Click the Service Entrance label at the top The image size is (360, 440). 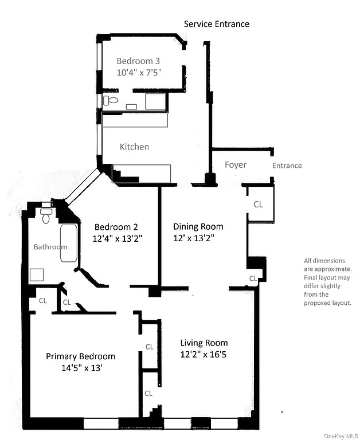[x=216, y=24]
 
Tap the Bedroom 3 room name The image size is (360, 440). [x=139, y=61]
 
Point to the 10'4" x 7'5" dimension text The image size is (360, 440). [x=139, y=73]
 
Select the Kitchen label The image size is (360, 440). [x=134, y=147]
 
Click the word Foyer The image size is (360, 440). [x=235, y=165]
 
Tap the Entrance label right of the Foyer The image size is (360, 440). [x=287, y=166]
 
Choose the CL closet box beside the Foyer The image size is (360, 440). [x=259, y=204]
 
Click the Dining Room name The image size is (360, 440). [x=198, y=226]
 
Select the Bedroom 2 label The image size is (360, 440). [x=116, y=226]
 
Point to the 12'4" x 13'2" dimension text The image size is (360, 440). [x=116, y=238]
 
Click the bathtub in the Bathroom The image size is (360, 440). [x=68, y=243]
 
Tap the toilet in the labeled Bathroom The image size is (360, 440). [x=46, y=216]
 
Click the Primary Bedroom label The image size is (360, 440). [x=80, y=356]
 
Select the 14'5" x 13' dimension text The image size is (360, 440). [x=81, y=368]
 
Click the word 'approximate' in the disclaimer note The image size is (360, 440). [x=328, y=269]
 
